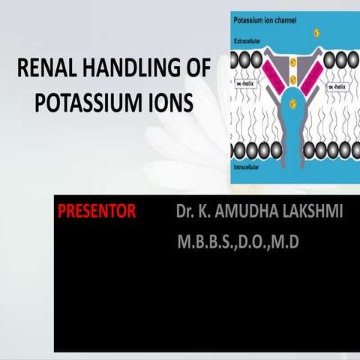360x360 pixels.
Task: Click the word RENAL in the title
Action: coord(44,73)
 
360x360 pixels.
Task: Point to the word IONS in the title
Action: coord(171,103)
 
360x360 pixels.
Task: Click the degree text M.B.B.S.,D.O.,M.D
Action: coord(238,243)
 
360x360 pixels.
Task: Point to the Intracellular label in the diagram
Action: coord(250,168)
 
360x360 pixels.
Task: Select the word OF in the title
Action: coord(196,73)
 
